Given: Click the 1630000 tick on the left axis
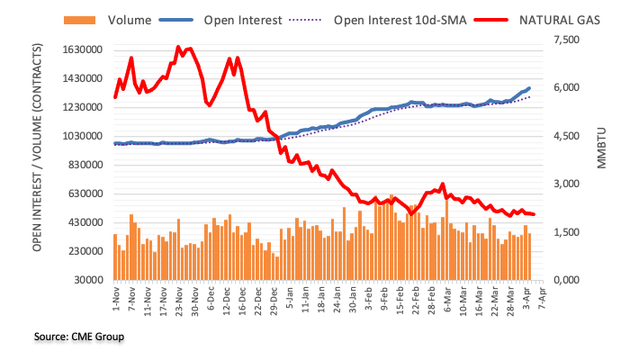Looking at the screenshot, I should pos(78,50).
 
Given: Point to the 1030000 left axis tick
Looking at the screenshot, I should pos(78,136).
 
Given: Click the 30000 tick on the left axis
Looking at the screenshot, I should pos(86,280).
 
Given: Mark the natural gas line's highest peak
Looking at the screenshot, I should pos(178,47).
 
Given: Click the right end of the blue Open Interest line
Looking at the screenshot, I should pos(529,88).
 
